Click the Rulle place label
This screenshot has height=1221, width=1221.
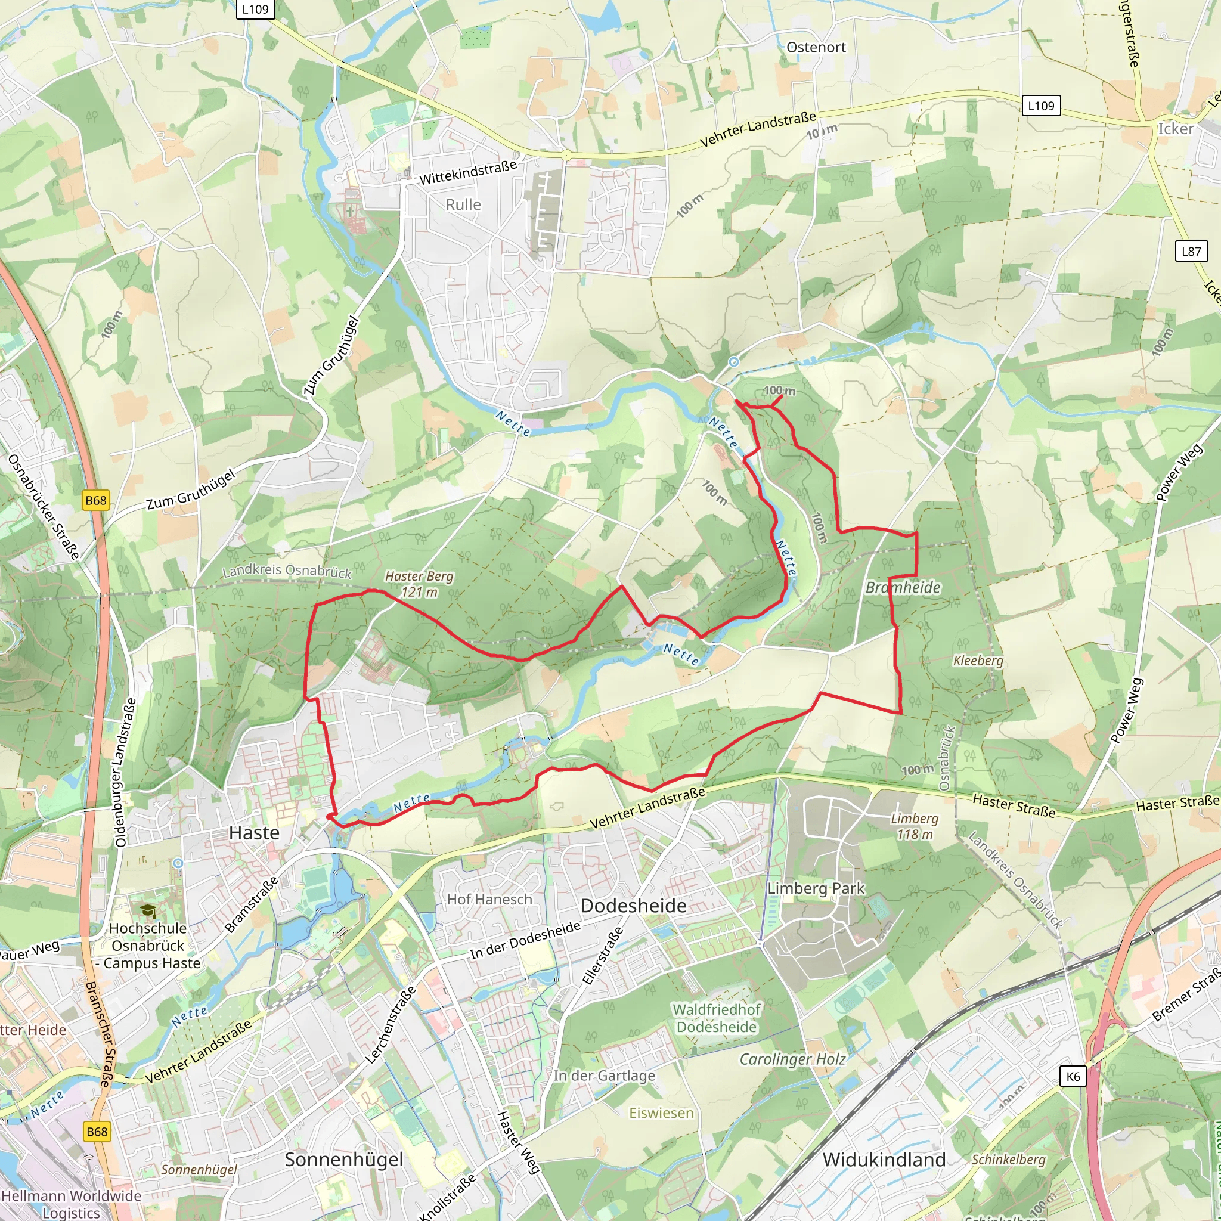(463, 204)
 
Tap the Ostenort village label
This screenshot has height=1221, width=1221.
(816, 48)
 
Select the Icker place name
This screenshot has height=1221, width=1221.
(1176, 129)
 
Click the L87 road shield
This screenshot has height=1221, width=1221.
(1191, 252)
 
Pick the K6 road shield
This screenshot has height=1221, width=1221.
(1073, 1076)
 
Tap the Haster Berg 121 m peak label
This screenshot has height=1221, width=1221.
(419, 584)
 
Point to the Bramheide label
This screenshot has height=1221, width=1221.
(903, 588)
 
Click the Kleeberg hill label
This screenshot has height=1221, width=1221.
(978, 661)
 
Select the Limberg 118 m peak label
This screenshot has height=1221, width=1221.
(915, 826)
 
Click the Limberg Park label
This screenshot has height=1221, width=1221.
(815, 888)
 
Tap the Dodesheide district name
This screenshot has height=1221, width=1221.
(633, 906)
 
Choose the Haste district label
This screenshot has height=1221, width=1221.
(254, 833)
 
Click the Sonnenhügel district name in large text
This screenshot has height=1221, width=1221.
(344, 1159)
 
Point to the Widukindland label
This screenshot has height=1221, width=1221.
(884, 1160)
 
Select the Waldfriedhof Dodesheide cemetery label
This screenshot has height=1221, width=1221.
(716, 1018)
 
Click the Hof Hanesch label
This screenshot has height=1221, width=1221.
(490, 899)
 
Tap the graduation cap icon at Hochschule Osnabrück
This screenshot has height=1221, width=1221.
(148, 911)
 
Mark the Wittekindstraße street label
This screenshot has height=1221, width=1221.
(467, 172)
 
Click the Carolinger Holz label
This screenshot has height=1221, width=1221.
(792, 1059)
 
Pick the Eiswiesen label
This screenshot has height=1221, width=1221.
(661, 1113)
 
